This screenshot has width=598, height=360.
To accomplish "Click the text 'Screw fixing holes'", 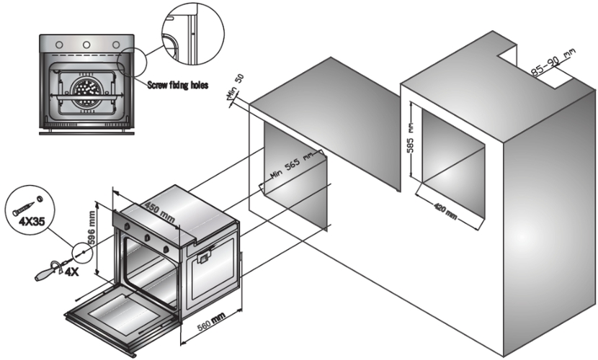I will pos(177,84).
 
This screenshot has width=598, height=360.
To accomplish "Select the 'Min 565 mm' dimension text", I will pos(293,168).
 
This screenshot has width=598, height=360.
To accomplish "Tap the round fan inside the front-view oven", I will pos(86,92).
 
